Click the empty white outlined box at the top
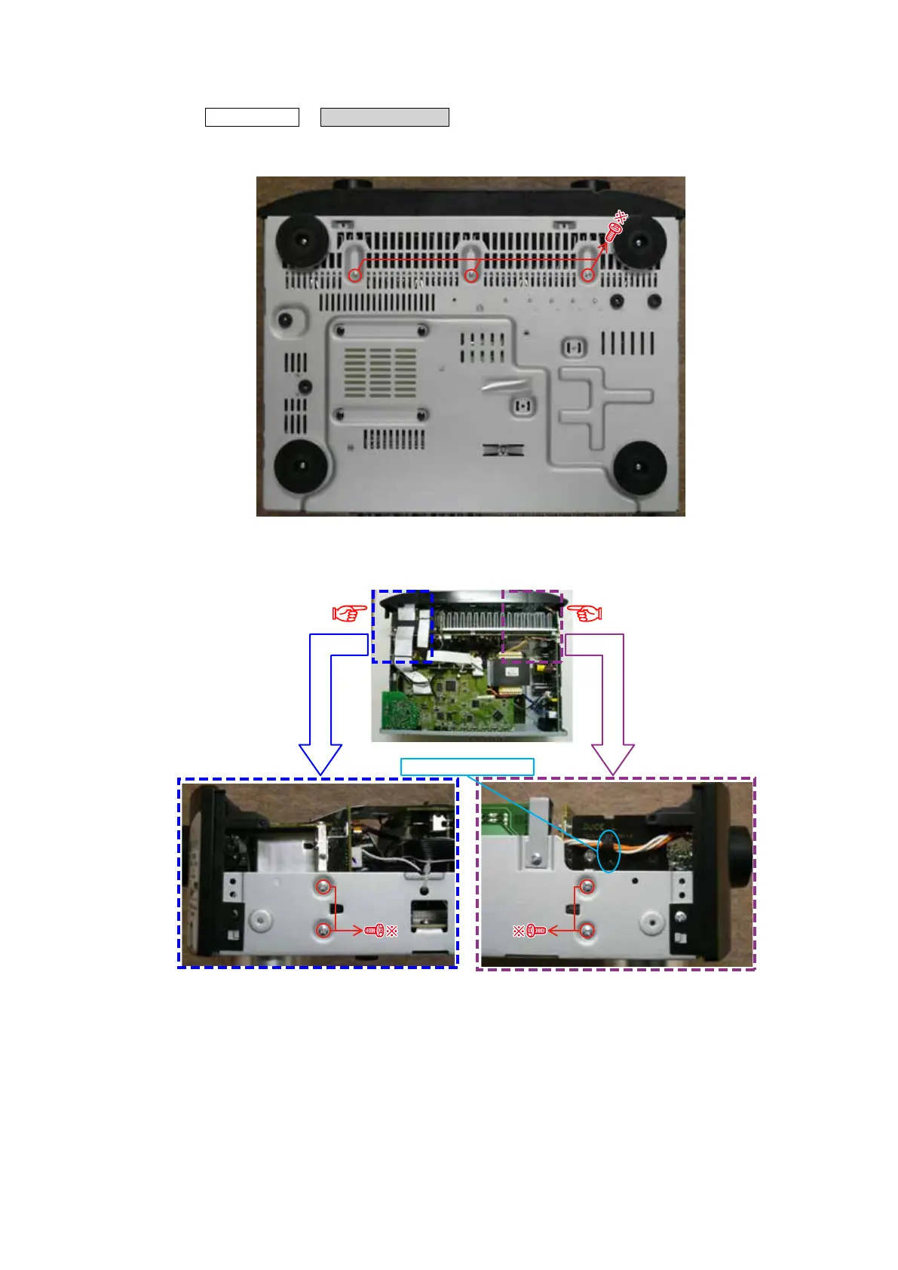coord(252,117)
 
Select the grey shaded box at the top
coord(385,117)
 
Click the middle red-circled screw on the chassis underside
coord(471,275)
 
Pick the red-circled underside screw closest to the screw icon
coord(588,275)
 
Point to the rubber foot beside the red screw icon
coord(639,241)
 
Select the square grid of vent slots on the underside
coord(380,371)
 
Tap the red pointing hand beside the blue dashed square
coord(350,613)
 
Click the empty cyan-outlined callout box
coord(467,767)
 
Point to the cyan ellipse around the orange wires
coord(608,851)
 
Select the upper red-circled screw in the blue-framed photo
coord(323,888)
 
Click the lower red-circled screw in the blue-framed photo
coord(323,931)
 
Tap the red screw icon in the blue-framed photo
coord(375,931)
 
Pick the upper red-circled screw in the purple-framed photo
coord(587,888)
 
